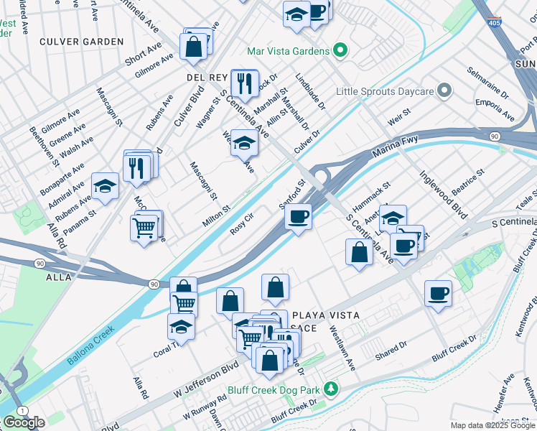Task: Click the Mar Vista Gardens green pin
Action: pyautogui.click(x=340, y=51)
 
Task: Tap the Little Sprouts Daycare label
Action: pyautogui.click(x=386, y=91)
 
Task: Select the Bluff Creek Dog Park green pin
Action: pyautogui.click(x=330, y=389)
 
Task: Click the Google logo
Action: pyautogui.click(x=24, y=422)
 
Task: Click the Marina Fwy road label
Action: pyautogui.click(x=394, y=147)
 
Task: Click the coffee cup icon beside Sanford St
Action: pyautogui.click(x=298, y=215)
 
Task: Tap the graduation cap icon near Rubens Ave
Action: pyautogui.click(x=106, y=187)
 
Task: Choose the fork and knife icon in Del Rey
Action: pyautogui.click(x=244, y=83)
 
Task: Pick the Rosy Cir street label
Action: pyautogui.click(x=243, y=223)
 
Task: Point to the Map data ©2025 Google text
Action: pyautogui.click(x=492, y=425)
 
